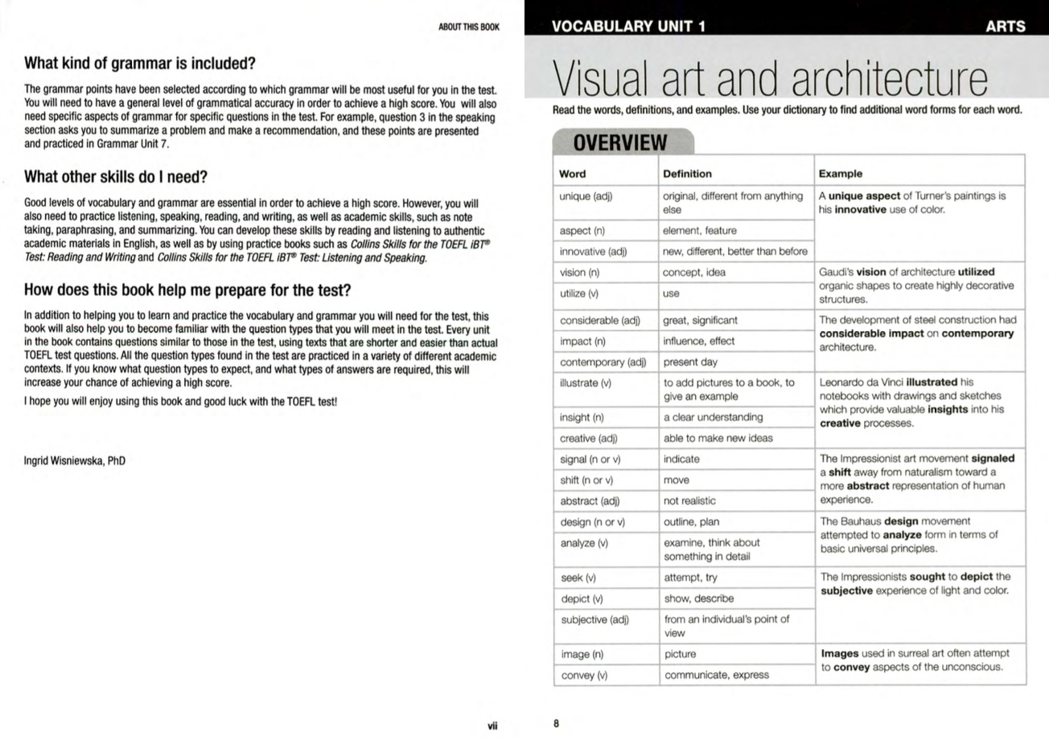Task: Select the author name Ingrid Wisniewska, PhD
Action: coord(75,461)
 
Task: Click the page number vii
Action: coord(492,726)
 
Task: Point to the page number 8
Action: coord(556,723)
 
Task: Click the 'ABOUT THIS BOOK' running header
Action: coord(468,27)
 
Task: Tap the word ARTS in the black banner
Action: coord(1005,26)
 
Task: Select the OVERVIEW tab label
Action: coord(619,143)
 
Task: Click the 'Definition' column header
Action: coord(687,174)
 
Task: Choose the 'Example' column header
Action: coord(840,174)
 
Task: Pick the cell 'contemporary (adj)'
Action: coord(603,362)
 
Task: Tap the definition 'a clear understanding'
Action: coord(713,417)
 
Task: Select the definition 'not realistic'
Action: coord(689,500)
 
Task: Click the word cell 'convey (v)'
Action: coord(584,675)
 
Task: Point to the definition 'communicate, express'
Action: coord(716,675)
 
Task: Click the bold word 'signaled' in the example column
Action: coord(993,458)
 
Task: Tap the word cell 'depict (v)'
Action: coord(582,598)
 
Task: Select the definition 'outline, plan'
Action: coord(691,521)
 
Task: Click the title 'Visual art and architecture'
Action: coord(769,80)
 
